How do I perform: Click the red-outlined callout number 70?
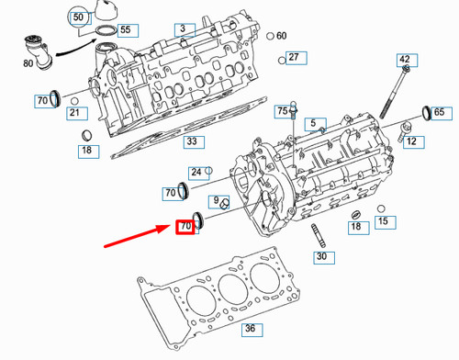(185, 225)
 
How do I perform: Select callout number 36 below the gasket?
(250, 329)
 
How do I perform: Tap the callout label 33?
(190, 141)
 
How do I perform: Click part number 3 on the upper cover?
(183, 29)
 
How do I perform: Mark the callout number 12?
(410, 141)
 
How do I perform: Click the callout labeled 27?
(294, 57)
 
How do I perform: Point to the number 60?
(281, 36)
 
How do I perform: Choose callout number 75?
(283, 110)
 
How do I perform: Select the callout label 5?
(312, 123)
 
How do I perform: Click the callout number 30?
(320, 257)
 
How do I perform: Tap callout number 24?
(196, 172)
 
